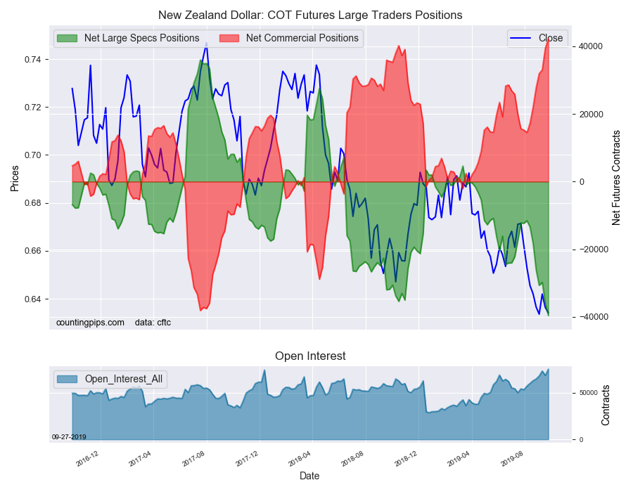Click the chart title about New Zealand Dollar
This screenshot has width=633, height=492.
click(x=310, y=15)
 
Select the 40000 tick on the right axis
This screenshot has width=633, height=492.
click(x=591, y=46)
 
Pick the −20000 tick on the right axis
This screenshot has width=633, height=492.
click(x=593, y=250)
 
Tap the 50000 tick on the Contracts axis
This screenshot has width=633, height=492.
click(x=588, y=393)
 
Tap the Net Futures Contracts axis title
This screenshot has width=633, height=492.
click(x=616, y=178)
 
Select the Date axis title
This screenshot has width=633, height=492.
click(x=309, y=476)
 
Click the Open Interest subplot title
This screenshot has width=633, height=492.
click(x=310, y=356)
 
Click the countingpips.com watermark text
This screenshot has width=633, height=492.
click(x=90, y=323)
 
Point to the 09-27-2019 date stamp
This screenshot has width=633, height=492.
click(x=69, y=437)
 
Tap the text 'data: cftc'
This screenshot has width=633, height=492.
click(x=153, y=323)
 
